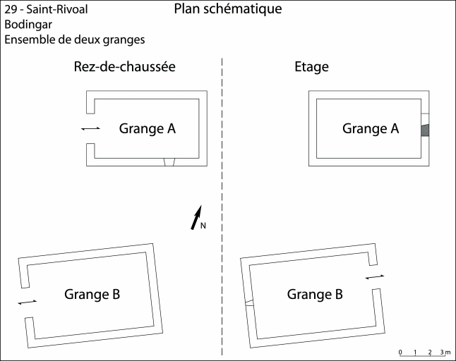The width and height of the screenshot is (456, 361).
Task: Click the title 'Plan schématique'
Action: coord(227,9)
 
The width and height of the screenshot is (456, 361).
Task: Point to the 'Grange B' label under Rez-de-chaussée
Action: coord(92,294)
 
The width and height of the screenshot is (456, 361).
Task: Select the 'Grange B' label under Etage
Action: coord(315,294)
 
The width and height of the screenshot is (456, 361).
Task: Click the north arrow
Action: coord(196,217)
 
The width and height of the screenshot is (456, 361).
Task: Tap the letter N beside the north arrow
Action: coord(203,226)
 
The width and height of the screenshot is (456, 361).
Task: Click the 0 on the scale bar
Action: coord(400,351)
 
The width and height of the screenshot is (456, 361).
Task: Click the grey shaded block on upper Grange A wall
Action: coord(426,130)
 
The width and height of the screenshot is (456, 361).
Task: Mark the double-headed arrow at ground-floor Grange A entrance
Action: coord(90,128)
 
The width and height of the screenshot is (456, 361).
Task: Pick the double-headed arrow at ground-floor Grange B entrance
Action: coord(27,302)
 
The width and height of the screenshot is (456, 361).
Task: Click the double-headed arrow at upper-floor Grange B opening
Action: coord(375,277)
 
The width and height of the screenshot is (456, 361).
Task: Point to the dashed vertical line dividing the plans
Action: coord(222,212)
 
